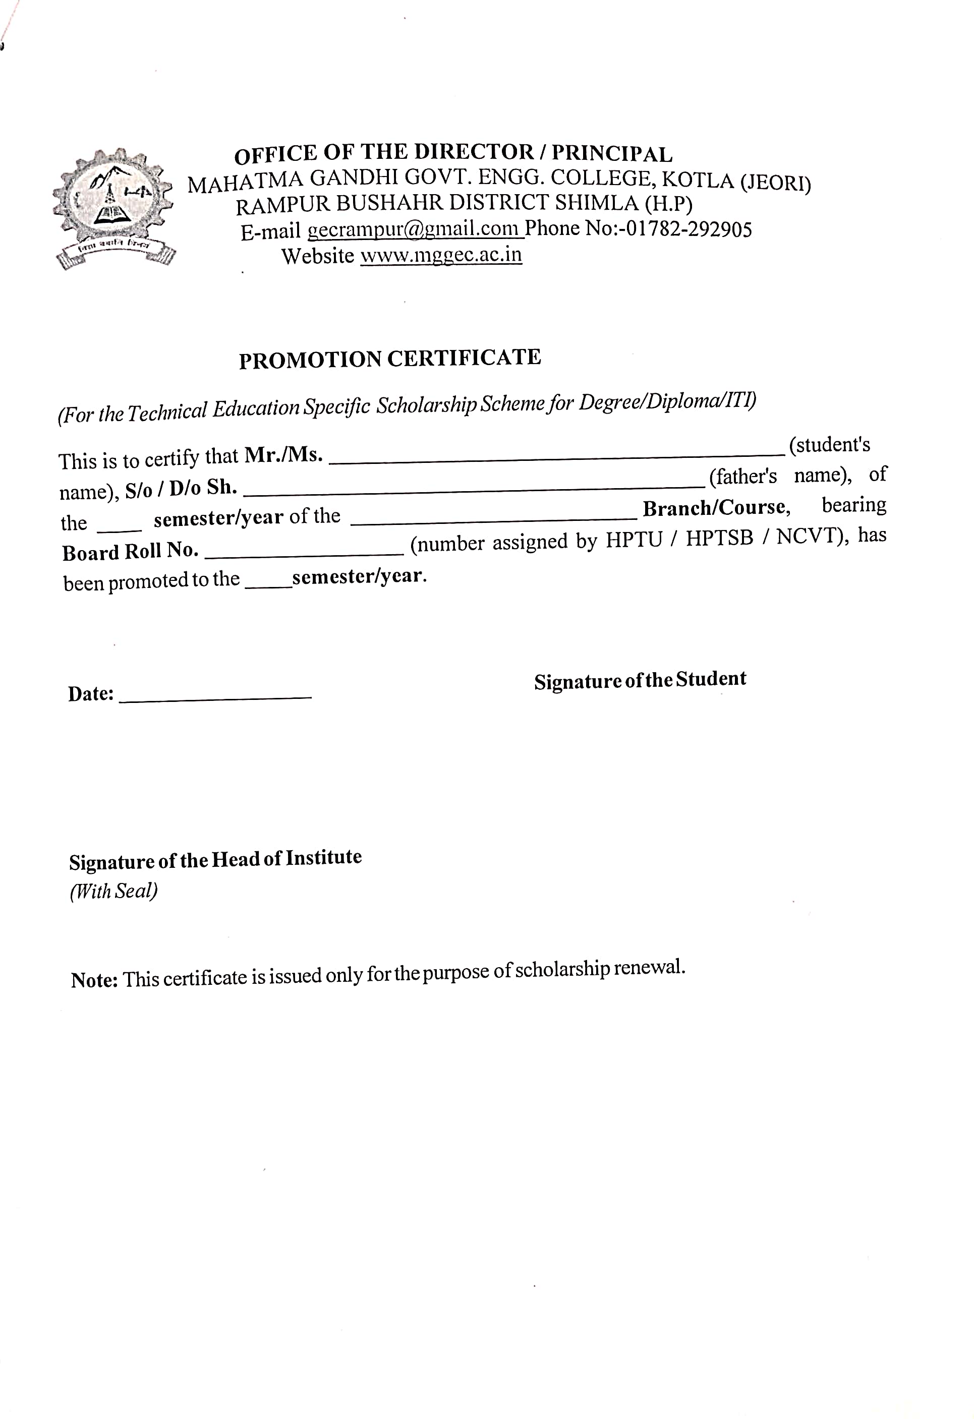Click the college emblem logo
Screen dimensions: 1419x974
(113, 208)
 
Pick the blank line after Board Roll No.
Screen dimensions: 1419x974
(304, 553)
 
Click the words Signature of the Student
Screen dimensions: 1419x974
(640, 680)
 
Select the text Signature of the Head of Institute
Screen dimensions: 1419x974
(215, 860)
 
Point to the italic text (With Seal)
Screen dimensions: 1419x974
(113, 892)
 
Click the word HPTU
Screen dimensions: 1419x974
(633, 540)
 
